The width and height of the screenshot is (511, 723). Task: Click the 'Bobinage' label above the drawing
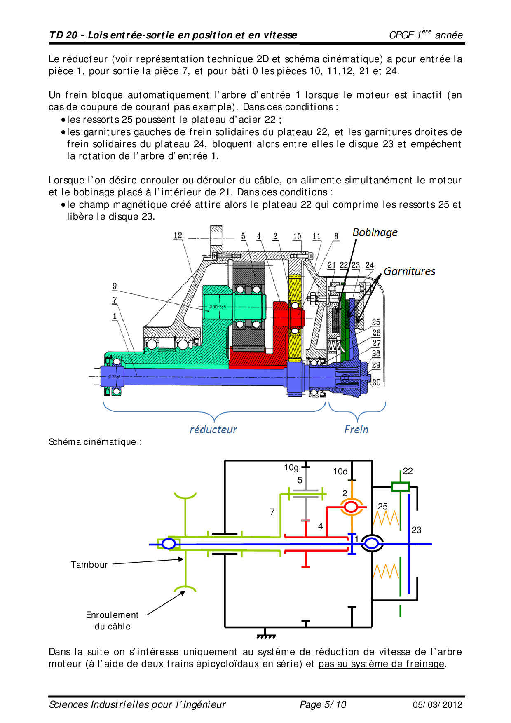coord(375,233)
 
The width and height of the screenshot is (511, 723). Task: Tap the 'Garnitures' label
coord(409,271)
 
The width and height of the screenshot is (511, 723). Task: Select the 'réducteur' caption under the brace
coord(213,430)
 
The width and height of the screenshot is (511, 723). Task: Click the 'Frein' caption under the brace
coord(356,430)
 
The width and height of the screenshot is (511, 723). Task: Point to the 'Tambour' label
coord(89,565)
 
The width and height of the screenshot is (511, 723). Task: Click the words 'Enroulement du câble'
coord(112,621)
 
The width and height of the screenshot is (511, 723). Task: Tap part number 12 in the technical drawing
coord(178,235)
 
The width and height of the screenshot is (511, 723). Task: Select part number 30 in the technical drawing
coord(376,382)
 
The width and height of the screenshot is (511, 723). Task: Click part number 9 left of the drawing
coord(115,286)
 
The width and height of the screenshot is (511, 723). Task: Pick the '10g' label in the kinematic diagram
coord(291,467)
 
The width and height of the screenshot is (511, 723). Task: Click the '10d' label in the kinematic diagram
coord(340,472)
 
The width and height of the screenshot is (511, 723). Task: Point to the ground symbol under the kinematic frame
coord(266,635)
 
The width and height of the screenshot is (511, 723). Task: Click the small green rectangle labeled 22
coord(400,486)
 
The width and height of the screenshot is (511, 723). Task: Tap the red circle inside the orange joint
coord(351,507)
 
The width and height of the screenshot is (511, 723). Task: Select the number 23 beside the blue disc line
coord(416,530)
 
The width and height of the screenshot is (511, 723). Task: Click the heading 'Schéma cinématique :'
coord(95,442)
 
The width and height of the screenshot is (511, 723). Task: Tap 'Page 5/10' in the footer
coord(323,704)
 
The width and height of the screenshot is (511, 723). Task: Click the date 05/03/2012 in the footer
coord(437,705)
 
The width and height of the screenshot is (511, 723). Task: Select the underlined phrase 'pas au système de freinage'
coord(381,664)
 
